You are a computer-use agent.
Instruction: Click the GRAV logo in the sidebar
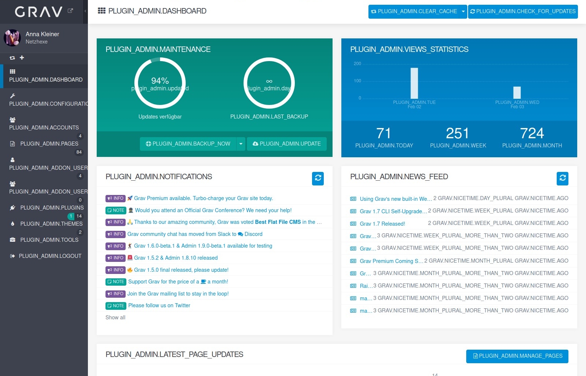38,12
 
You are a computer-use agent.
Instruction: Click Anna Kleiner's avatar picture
12,38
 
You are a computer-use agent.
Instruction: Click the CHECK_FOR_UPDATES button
523,11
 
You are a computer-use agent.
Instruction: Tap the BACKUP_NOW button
188,144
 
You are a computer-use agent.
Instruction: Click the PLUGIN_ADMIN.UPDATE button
286,144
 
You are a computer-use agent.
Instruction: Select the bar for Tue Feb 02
414,83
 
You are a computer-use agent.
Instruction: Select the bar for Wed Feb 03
517,92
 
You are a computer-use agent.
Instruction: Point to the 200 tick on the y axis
357,64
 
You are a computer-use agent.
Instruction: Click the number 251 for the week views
457,134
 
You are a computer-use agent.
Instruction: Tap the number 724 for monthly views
532,134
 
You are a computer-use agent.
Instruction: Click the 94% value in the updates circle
160,80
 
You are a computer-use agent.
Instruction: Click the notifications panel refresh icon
318,178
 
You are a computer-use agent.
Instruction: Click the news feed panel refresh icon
562,178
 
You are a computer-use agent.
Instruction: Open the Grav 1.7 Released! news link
382,223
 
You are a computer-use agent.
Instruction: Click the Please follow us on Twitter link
159,305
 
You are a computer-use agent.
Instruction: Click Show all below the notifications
115,317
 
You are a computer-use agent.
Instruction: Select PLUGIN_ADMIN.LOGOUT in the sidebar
50,256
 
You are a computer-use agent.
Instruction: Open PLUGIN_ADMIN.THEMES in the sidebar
51,224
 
